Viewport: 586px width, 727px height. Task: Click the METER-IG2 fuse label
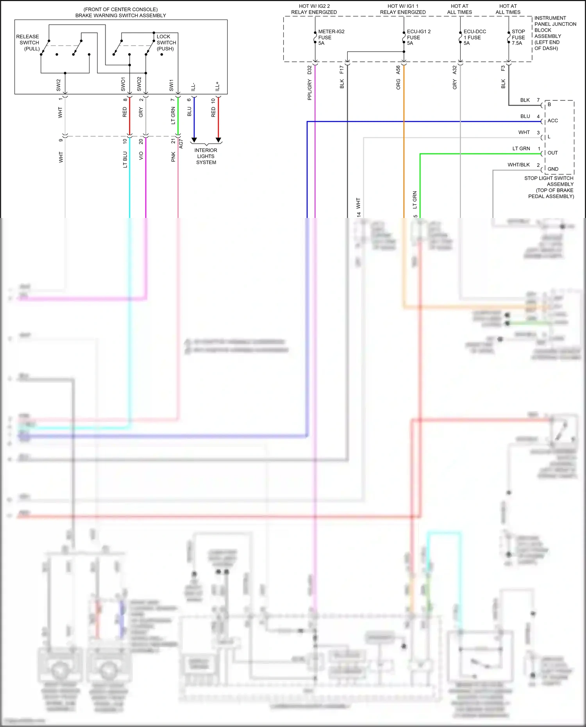pyautogui.click(x=331, y=37)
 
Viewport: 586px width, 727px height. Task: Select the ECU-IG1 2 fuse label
pyautogui.click(x=418, y=37)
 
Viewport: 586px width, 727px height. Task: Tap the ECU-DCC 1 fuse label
pyautogui.click(x=474, y=37)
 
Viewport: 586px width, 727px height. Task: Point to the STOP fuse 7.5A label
pyautogui.click(x=518, y=37)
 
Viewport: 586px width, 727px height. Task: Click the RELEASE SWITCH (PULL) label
pyautogui.click(x=28, y=43)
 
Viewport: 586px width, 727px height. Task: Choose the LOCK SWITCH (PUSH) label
pyautogui.click(x=166, y=43)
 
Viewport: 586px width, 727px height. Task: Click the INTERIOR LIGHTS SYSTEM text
pyautogui.click(x=206, y=156)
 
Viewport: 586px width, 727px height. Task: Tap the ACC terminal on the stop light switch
pyautogui.click(x=552, y=121)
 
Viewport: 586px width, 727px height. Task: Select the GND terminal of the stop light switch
pyautogui.click(x=553, y=169)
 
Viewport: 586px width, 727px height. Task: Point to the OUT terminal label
pyautogui.click(x=552, y=153)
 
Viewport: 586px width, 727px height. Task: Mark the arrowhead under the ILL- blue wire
pyautogui.click(x=194, y=140)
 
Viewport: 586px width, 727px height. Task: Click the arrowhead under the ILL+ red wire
pyautogui.click(x=218, y=140)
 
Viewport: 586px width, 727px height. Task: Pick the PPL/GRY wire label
pyautogui.click(x=309, y=90)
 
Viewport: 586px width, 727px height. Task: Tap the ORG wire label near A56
pyautogui.click(x=398, y=84)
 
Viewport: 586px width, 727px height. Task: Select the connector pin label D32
pyautogui.click(x=309, y=70)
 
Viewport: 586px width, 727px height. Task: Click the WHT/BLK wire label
pyautogui.click(x=518, y=165)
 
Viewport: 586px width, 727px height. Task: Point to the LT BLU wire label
pyautogui.click(x=125, y=159)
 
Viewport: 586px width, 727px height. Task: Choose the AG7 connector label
pyautogui.click(x=181, y=144)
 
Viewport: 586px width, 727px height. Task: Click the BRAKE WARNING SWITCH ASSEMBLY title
pyautogui.click(x=120, y=16)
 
